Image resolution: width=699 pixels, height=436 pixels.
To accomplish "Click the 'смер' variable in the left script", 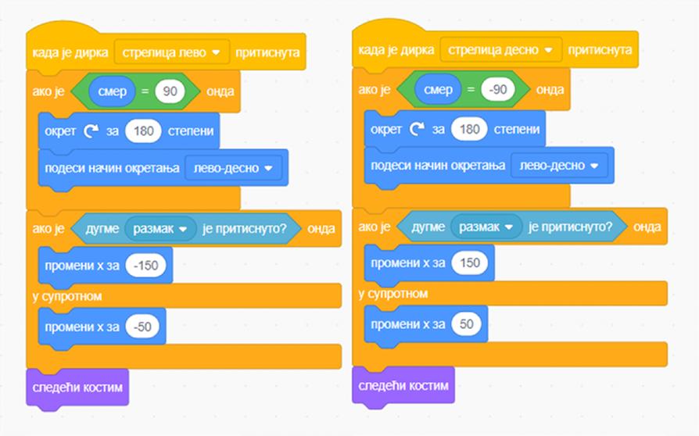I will (113, 91).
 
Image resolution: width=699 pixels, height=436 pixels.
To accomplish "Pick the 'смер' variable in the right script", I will (439, 90).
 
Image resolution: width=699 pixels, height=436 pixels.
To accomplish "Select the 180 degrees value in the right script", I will (469, 129).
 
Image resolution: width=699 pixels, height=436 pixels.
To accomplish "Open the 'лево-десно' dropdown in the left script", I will (233, 168).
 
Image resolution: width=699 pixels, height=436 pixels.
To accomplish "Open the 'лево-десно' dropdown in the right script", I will (559, 166).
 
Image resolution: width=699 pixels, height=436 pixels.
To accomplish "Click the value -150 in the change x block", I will (145, 266).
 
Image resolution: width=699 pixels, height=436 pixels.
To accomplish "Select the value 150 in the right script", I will (470, 263).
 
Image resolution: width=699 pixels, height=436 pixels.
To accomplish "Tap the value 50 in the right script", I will (467, 323).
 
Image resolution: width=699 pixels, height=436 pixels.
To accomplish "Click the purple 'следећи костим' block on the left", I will (77, 387).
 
